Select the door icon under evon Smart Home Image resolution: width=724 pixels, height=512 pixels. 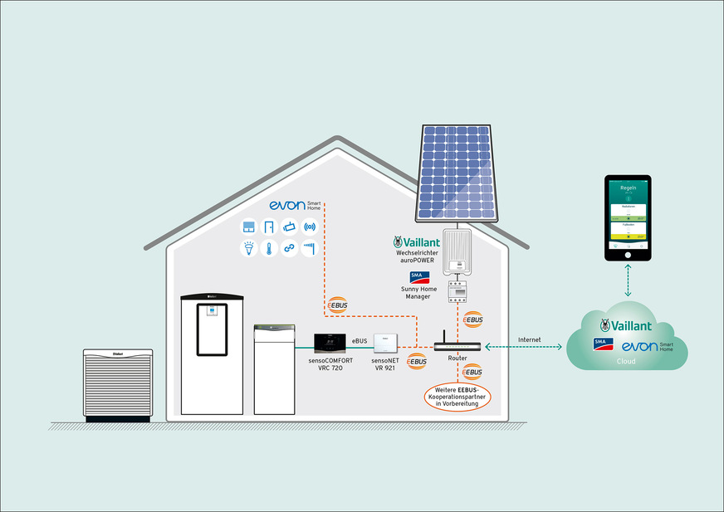tap(268, 227)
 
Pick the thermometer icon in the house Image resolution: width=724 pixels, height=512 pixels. tap(268, 247)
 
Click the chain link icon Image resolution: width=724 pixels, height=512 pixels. tap(289, 247)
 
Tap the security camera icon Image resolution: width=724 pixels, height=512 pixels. tap(289, 227)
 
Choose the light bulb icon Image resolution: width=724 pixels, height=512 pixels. tap(247, 247)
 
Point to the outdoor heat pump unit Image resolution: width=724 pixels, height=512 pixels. tap(119, 384)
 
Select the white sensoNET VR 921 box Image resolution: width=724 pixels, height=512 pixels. tap(387, 343)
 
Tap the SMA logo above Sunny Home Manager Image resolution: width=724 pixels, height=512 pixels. tap(419, 276)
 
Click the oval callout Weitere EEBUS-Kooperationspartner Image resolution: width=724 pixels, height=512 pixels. tap(457, 395)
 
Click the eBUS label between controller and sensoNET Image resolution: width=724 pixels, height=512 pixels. tap(360, 341)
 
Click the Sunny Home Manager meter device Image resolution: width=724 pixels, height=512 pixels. tap(457, 290)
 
